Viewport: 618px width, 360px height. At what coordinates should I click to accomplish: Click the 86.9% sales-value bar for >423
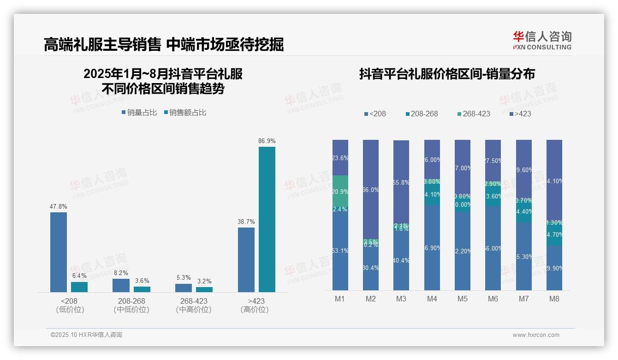coord(267,219)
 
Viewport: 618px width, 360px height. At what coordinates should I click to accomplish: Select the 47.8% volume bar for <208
coord(59,252)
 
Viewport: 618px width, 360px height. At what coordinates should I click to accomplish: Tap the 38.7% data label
coord(246,222)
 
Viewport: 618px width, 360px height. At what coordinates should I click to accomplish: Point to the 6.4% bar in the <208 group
coord(79,287)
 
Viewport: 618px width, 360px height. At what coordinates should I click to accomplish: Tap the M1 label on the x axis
coord(340,299)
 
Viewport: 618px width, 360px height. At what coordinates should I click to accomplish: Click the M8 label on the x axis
coord(554,299)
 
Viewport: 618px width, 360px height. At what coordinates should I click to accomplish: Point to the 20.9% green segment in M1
coord(340,192)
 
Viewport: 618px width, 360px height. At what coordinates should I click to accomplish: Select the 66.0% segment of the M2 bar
coord(371,189)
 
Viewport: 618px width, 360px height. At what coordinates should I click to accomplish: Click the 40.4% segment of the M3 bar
coord(401,260)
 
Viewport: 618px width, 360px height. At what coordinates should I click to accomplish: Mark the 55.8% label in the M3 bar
coord(401,182)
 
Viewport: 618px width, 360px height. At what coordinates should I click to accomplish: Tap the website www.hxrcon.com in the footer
coord(536,335)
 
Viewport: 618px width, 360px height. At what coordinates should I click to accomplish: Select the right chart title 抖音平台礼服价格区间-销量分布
coord(447,74)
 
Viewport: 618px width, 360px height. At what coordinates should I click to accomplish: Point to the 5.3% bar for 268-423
coord(184,288)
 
